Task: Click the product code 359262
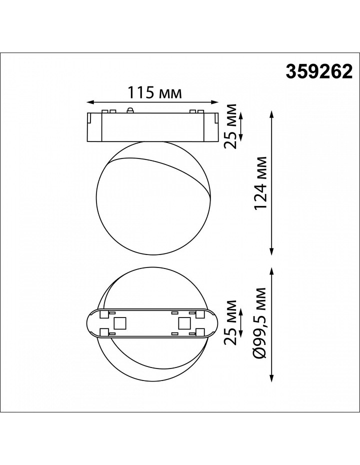pyautogui.click(x=319, y=72)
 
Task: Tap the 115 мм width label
pyautogui.click(x=154, y=92)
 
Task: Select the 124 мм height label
pyautogui.click(x=261, y=183)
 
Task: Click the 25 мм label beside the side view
pyautogui.click(x=230, y=126)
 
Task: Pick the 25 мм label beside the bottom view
pyautogui.click(x=230, y=322)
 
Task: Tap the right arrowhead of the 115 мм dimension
pyautogui.click(x=214, y=102)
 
